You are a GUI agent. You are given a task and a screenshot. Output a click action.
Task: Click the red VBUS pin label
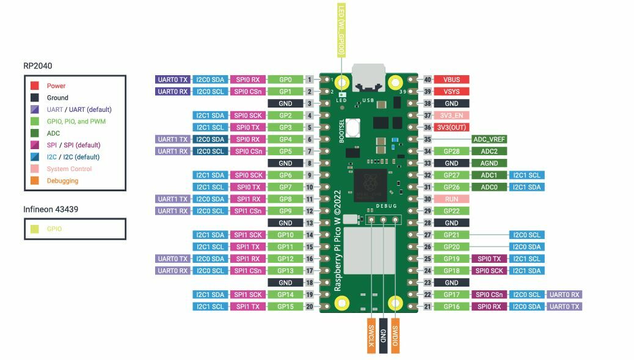click(x=451, y=79)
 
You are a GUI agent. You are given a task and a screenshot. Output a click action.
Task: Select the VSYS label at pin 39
click(x=451, y=92)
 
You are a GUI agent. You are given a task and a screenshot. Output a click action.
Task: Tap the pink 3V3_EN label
click(x=451, y=116)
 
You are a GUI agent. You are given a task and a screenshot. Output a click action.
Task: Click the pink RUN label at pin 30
click(x=451, y=199)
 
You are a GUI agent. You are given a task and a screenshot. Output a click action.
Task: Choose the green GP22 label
click(x=451, y=211)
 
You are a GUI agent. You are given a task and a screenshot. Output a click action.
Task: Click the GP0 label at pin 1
click(x=285, y=79)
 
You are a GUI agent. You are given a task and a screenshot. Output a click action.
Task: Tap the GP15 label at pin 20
click(x=285, y=306)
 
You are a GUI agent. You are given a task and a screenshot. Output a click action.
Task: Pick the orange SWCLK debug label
click(x=371, y=336)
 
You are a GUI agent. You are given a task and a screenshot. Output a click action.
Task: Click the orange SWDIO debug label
click(x=395, y=334)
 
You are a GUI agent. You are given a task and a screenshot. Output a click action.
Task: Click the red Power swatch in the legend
click(x=35, y=86)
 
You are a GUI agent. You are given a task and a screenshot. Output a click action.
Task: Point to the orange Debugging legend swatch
click(x=35, y=181)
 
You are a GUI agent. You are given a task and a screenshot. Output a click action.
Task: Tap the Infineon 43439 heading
click(x=50, y=210)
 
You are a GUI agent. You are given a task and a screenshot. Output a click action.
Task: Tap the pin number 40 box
click(x=428, y=79)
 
